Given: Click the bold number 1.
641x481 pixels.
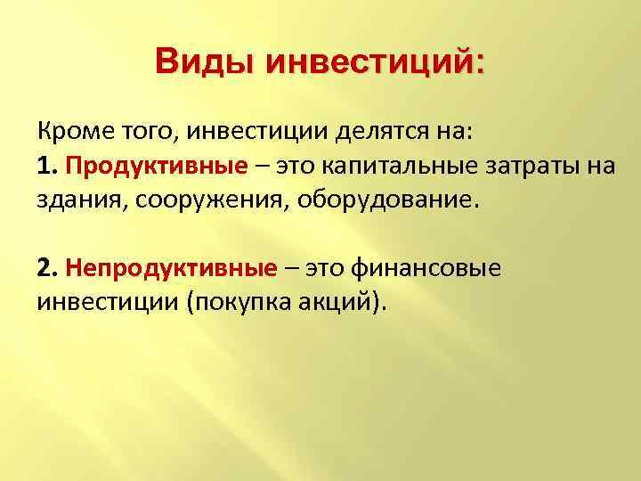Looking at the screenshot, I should [x=46, y=167].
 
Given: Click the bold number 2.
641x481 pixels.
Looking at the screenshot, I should [x=46, y=267].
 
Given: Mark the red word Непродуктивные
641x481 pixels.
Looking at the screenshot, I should [x=171, y=267].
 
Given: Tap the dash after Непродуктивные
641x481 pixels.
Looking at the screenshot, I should [x=293, y=267].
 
